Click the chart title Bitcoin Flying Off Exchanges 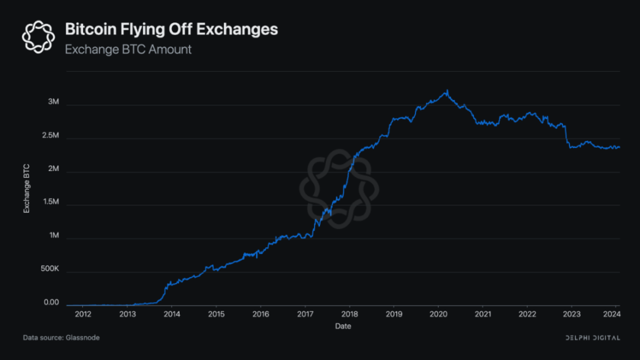coord(171,30)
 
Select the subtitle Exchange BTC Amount coord(128,49)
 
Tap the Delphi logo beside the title coord(39,36)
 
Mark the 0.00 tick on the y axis coord(51,303)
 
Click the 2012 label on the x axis coord(83,315)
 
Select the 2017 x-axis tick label coord(305,315)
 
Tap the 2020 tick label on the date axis coord(439,315)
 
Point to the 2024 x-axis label coord(611,315)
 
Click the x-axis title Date coord(342,326)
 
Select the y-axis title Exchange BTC coord(27,188)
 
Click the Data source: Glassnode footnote coord(61,338)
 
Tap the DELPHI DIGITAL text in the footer coord(593,338)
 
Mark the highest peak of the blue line coord(447,91)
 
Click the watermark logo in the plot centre coord(339,189)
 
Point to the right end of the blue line coord(620,147)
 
